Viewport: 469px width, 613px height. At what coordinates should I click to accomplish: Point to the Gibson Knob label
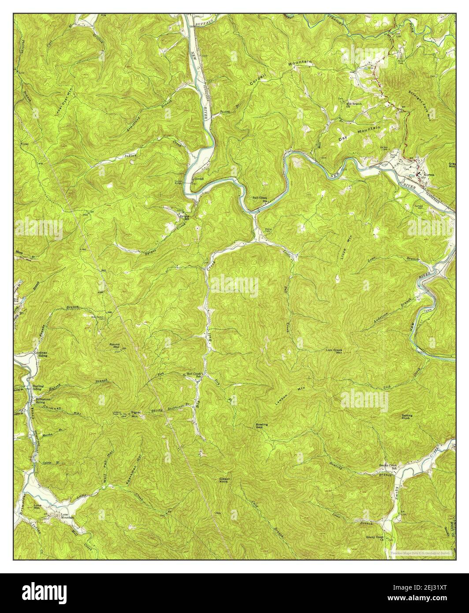(226, 481)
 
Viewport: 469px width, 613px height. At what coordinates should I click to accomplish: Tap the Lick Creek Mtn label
(334, 351)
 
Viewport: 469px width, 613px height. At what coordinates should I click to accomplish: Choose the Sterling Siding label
(38, 388)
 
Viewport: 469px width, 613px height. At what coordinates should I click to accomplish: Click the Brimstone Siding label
(40, 400)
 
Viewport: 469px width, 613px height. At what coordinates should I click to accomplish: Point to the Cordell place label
(199, 179)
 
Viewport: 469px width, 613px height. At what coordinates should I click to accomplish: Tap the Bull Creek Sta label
(260, 199)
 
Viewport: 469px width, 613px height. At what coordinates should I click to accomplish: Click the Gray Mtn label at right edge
(452, 165)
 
